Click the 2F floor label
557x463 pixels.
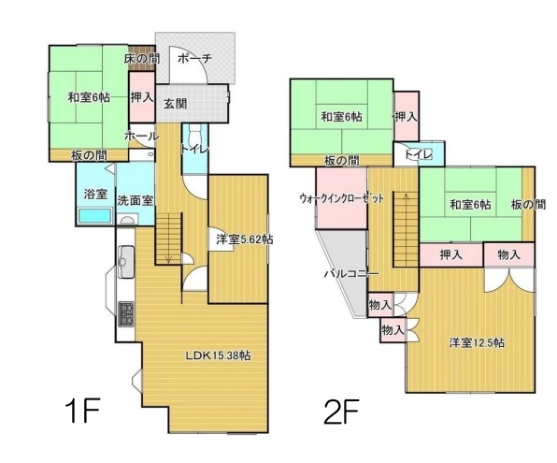click(341, 412)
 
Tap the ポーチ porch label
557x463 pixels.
click(194, 58)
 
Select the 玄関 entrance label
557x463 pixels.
click(175, 104)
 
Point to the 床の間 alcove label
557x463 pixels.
click(142, 58)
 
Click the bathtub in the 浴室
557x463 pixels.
click(94, 216)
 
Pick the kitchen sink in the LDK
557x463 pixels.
click(126, 261)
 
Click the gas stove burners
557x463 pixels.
click(126, 313)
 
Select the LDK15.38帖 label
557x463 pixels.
click(218, 354)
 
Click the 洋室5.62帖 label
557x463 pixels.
click(245, 239)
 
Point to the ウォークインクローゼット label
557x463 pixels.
click(342, 197)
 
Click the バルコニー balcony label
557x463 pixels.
click(347, 274)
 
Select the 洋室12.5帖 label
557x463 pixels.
click(476, 342)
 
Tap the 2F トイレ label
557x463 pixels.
click(419, 154)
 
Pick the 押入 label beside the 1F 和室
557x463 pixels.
click(141, 96)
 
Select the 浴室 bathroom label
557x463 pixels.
click(95, 195)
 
